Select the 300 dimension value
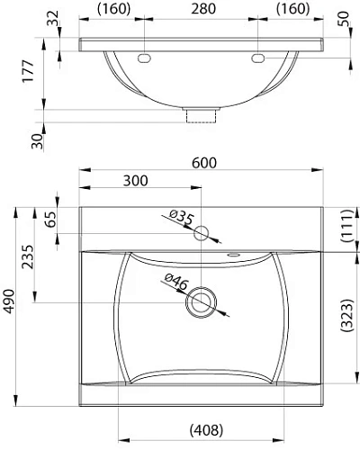[x=135, y=180]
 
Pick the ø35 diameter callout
[x=181, y=217]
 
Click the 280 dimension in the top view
[x=202, y=10]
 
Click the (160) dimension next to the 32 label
[x=113, y=10]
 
